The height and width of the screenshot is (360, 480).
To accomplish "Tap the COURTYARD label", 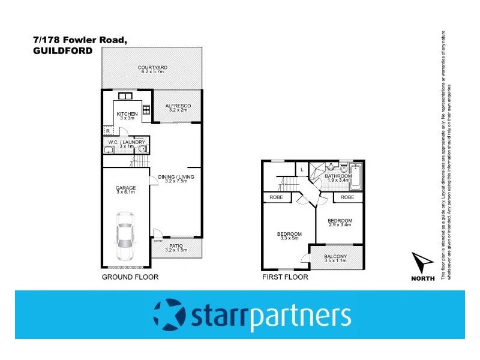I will pyautogui.click(x=151, y=67).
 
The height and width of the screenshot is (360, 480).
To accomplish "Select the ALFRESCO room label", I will pyautogui.click(x=177, y=106).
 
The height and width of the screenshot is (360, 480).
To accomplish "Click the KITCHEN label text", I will pyautogui.click(x=127, y=114).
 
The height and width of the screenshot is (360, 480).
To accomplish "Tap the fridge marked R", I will pyautogui.click(x=107, y=130).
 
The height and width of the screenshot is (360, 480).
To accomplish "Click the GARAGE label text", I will pyautogui.click(x=126, y=188).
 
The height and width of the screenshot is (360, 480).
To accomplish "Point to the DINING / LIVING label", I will pyautogui.click(x=177, y=176).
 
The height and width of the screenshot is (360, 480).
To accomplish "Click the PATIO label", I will pyautogui.click(x=176, y=245).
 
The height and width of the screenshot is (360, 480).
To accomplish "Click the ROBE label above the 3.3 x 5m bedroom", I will pyautogui.click(x=276, y=197).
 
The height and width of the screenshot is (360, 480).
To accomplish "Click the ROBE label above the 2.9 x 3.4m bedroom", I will pyautogui.click(x=347, y=197).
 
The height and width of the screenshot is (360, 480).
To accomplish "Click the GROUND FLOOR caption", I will pyautogui.click(x=130, y=277).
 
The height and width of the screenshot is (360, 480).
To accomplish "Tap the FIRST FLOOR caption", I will pyautogui.click(x=286, y=277).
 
